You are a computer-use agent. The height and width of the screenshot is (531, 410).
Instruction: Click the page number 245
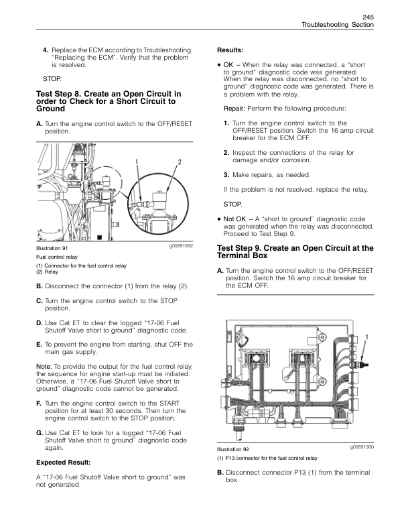pos(366,16)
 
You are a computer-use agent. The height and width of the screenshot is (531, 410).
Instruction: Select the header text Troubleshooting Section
pos(337,24)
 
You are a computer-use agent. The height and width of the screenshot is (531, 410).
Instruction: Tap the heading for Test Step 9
pos(295,252)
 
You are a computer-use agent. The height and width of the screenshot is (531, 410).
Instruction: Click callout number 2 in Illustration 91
pos(180,161)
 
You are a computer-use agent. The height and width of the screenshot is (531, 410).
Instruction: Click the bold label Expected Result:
pos(63,463)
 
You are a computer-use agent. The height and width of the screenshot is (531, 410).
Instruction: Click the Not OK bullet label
pos(235,219)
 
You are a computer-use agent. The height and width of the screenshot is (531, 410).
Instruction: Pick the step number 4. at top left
pos(46,50)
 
